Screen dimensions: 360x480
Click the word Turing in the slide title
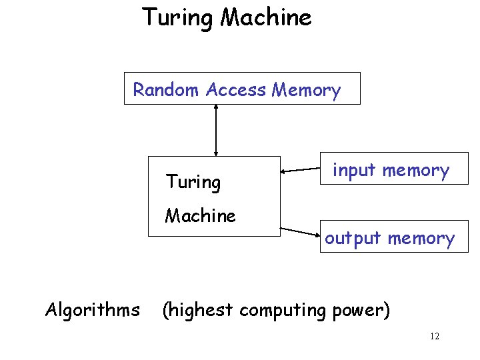[x=178, y=17]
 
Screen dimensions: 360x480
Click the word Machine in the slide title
[x=265, y=17]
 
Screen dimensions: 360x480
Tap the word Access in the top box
[x=236, y=90]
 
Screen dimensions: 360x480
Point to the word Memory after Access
[x=306, y=90]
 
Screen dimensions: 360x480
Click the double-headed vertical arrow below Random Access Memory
[x=215, y=130]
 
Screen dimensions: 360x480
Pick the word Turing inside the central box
[x=193, y=181]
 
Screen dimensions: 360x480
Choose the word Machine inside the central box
[x=200, y=216]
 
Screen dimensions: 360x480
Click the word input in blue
[x=355, y=171]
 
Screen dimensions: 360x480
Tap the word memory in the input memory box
[x=415, y=171]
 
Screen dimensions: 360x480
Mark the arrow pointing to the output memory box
[x=301, y=231]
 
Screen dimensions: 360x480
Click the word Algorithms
[x=92, y=310]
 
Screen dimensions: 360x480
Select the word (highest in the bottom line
[x=198, y=310]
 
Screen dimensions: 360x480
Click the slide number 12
[x=435, y=337]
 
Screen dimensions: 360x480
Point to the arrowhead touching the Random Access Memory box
[x=215, y=109]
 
